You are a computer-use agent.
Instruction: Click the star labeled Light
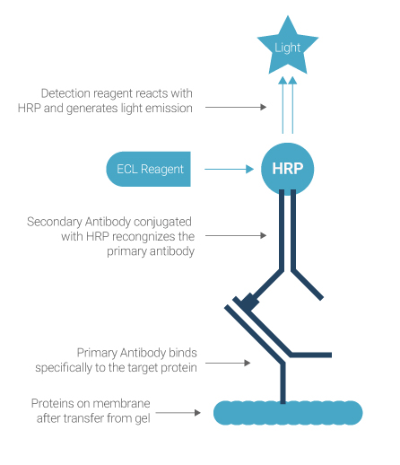point(288,48)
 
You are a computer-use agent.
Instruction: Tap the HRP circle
point(288,169)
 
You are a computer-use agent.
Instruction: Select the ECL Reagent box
point(149,169)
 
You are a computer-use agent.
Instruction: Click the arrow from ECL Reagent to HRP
point(230,169)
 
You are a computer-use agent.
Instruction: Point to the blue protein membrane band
point(288,413)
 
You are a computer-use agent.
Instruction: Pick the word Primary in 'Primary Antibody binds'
point(97,353)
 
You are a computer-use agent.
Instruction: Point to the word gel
point(143,418)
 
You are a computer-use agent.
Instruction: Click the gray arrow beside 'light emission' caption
point(236,107)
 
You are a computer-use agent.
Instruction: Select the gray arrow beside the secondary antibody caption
point(236,236)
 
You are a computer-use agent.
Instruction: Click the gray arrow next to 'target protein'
point(228,363)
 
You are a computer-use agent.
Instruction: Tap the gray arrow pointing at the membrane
point(178,413)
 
